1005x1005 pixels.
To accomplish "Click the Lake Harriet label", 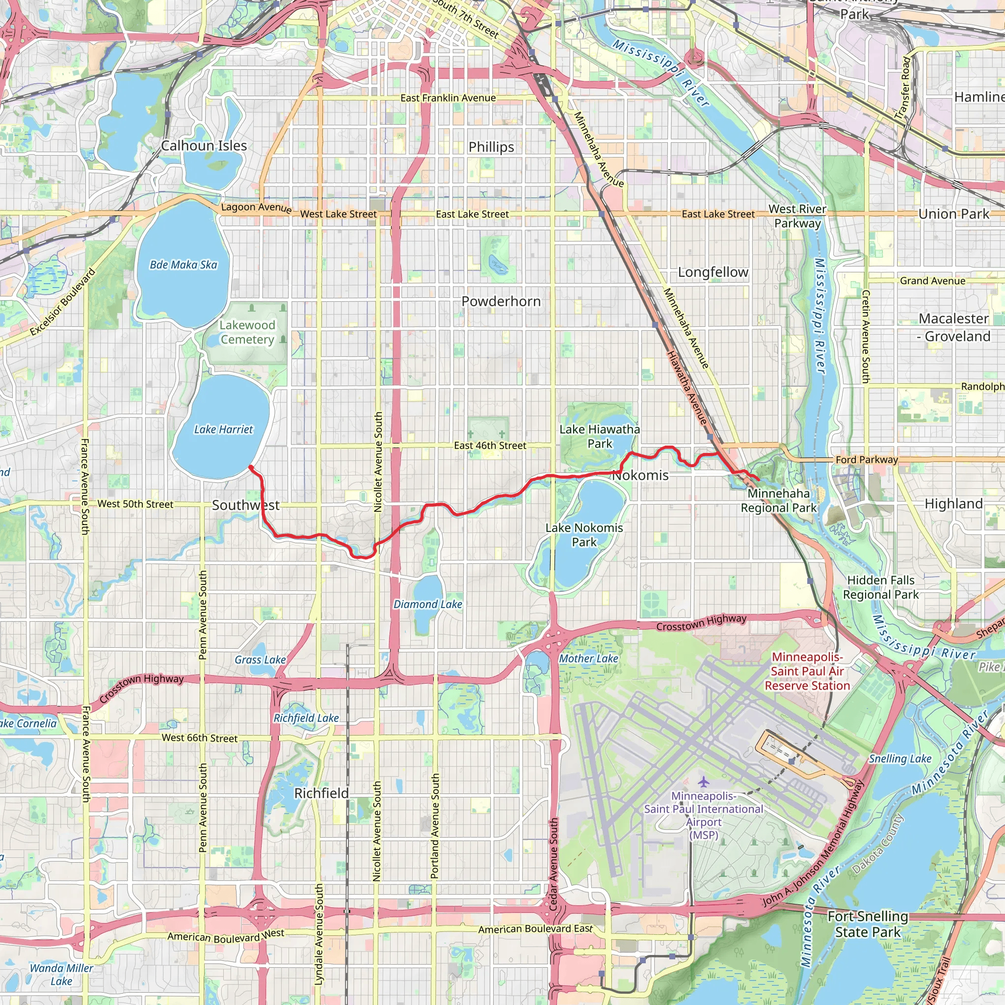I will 223,430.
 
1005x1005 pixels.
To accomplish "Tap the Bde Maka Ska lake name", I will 183,265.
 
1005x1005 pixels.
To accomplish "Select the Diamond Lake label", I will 427,605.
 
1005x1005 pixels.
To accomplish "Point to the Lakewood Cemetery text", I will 247,332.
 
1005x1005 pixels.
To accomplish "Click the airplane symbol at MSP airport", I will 703,782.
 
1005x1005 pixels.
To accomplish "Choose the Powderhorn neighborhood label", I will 501,302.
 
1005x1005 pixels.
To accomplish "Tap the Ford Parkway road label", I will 867,460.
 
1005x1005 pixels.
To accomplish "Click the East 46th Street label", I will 490,446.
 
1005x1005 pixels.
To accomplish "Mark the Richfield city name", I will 321,793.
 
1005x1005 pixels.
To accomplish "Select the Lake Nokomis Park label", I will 584,535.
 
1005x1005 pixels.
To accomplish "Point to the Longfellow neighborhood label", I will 713,272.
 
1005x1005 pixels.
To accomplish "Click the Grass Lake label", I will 260,660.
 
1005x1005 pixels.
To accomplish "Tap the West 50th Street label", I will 135,504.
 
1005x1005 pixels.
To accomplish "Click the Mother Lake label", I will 588,659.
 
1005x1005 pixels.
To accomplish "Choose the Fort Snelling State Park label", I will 868,925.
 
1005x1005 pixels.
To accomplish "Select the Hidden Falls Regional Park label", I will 881,587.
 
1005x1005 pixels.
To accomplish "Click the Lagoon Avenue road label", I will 256,208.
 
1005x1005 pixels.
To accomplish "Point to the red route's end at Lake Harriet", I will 251,467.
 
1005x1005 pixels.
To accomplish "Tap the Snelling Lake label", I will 900,759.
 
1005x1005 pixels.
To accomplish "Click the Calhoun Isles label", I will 204,146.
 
